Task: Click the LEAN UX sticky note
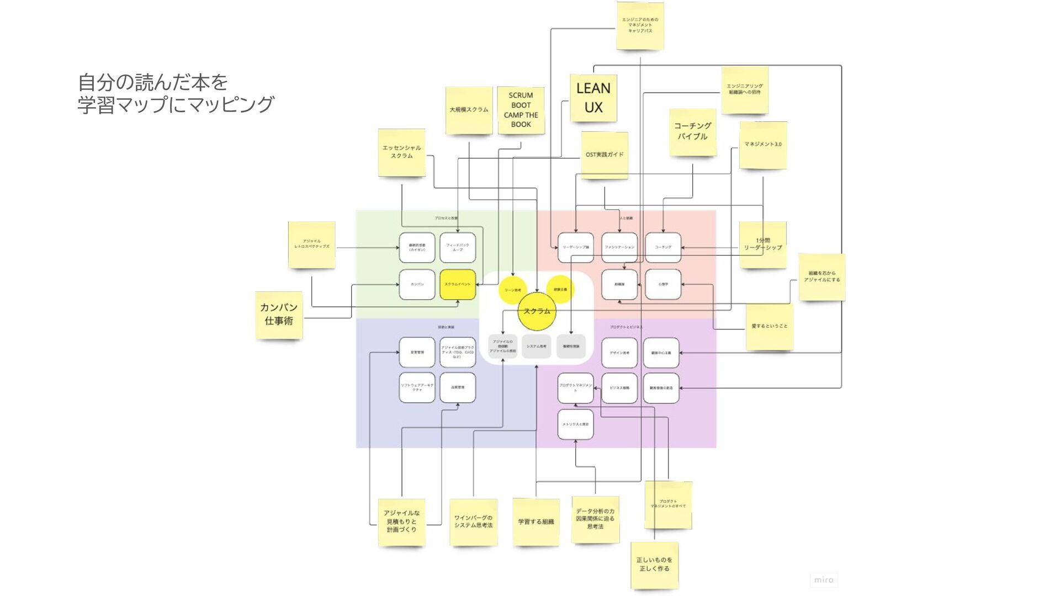pyautogui.click(x=593, y=98)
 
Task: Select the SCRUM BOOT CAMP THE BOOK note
pyautogui.click(x=521, y=110)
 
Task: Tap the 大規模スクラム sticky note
pyautogui.click(x=469, y=110)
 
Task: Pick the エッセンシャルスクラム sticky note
pyautogui.click(x=401, y=152)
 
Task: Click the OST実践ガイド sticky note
pyautogui.click(x=605, y=155)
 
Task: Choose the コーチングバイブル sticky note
pyautogui.click(x=692, y=132)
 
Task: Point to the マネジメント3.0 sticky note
pyautogui.click(x=762, y=145)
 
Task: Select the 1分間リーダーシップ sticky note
pyautogui.click(x=762, y=244)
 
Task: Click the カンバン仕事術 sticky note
pyautogui.click(x=279, y=315)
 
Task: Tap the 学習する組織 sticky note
pyautogui.click(x=536, y=522)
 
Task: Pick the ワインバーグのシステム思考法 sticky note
pyautogui.click(x=473, y=522)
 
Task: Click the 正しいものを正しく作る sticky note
pyautogui.click(x=654, y=565)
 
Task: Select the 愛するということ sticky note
pyautogui.click(x=769, y=326)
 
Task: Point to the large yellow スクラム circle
pyautogui.click(x=536, y=311)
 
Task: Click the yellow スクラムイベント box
pyautogui.click(x=458, y=284)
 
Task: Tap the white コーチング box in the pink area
pyautogui.click(x=663, y=247)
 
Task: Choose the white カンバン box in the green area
pyautogui.click(x=417, y=284)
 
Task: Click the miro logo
pyautogui.click(x=823, y=579)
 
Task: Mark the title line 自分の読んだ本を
pyautogui.click(x=153, y=82)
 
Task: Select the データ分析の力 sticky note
pyautogui.click(x=595, y=519)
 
